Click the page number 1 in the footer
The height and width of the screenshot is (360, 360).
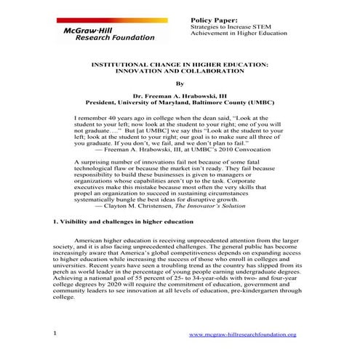(x=55, y=333)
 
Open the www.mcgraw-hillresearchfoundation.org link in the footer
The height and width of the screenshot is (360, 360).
(x=243, y=334)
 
